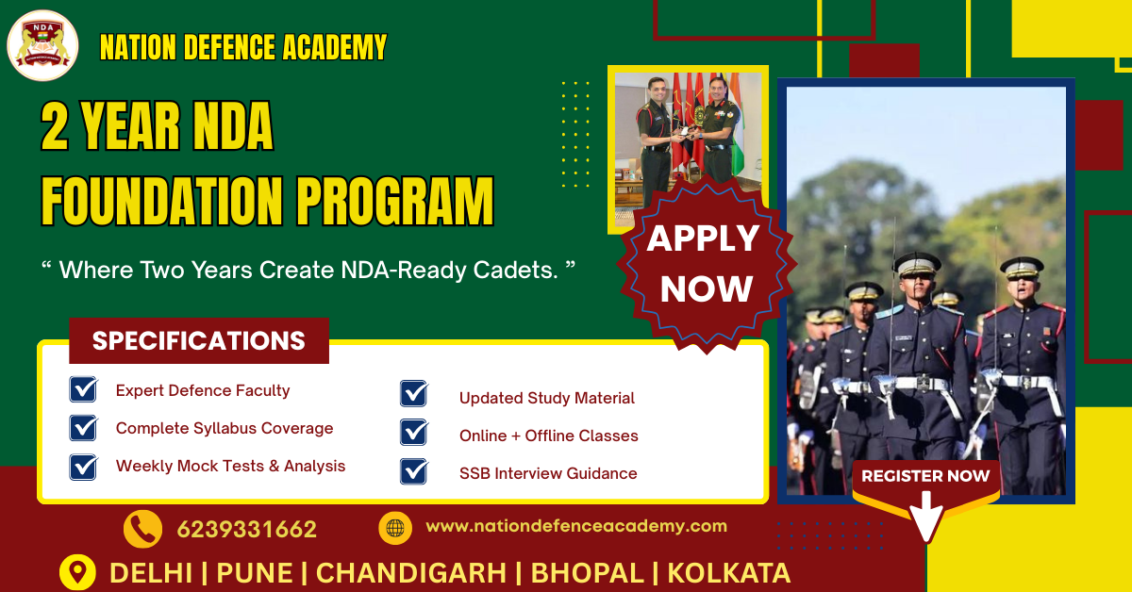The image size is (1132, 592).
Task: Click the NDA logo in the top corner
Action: click(42, 44)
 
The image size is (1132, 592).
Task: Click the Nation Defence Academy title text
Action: click(243, 47)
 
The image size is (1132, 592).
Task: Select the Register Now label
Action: click(925, 476)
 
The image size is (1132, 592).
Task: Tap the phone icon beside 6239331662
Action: click(142, 529)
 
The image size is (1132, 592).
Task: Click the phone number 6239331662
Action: click(246, 530)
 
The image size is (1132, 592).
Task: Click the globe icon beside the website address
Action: click(395, 528)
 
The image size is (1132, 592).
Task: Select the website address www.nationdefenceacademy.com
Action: click(576, 526)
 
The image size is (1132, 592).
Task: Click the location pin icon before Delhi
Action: click(77, 572)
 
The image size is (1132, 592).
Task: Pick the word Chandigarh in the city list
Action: click(414, 573)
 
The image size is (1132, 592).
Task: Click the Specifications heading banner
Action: click(199, 341)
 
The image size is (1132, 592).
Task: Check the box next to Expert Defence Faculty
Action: click(83, 389)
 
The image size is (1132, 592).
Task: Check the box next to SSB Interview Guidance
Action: click(413, 472)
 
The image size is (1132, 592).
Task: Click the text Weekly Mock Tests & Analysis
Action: click(230, 466)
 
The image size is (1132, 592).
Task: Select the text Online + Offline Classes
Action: click(548, 436)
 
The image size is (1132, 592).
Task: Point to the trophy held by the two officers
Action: click(699, 115)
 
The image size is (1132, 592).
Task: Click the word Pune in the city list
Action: click(255, 573)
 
